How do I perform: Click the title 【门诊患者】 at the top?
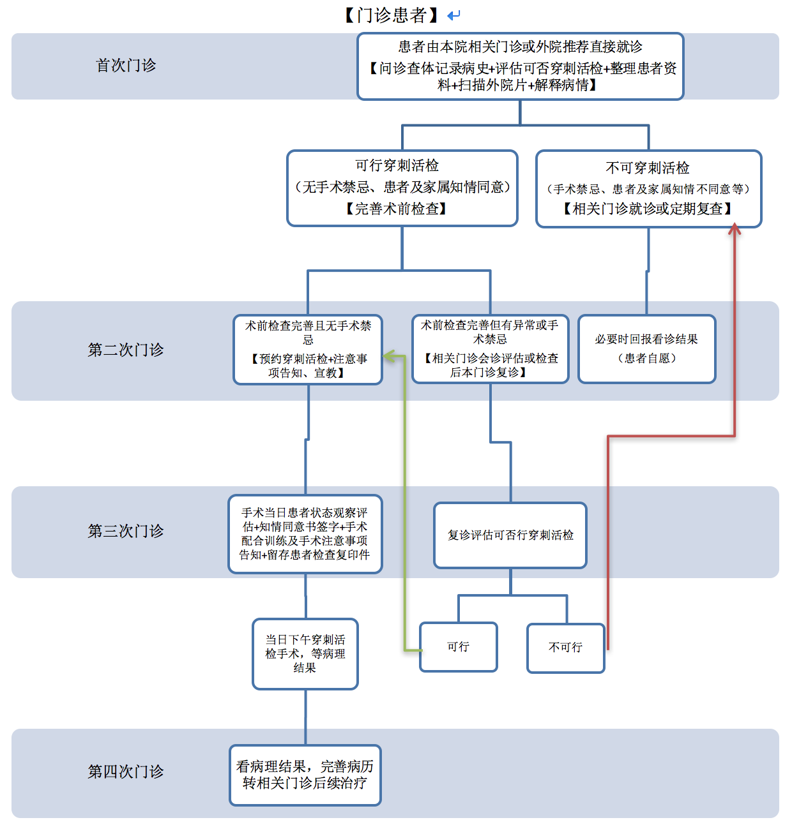point(392,15)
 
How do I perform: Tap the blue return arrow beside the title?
point(453,15)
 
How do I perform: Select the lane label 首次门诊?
point(125,66)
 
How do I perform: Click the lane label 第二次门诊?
point(125,350)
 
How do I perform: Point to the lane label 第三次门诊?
point(125,531)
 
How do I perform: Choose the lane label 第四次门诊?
point(125,771)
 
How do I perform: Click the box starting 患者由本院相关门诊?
point(520,66)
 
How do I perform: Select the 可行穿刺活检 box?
point(402,188)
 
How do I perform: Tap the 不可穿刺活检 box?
point(648,188)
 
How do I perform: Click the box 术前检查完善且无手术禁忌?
point(308,349)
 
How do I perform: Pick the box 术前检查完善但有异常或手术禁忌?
point(490,348)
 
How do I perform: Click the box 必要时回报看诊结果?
point(646,348)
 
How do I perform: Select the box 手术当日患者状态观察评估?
point(305,534)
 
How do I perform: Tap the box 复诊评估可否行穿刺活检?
point(510,535)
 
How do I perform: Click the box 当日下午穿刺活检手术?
point(305,653)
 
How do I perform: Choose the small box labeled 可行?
point(458,647)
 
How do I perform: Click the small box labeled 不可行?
point(565,648)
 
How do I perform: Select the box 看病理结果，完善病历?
point(305,775)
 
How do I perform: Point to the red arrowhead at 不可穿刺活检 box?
point(735,228)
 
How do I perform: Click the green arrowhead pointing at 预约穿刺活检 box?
point(388,356)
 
